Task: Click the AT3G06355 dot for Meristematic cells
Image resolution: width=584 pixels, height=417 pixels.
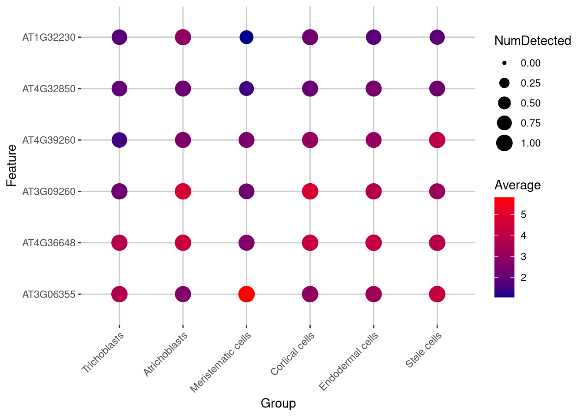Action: [x=246, y=294]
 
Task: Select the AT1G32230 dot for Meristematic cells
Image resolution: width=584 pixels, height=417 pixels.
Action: [x=246, y=37]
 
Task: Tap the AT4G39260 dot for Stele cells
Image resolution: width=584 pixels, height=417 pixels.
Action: [x=437, y=140]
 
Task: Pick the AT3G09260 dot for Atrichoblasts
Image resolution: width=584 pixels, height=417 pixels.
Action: [x=183, y=191]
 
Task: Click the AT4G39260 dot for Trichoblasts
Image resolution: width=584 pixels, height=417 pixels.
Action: [x=119, y=140]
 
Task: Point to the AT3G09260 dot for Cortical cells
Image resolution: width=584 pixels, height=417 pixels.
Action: [x=310, y=191]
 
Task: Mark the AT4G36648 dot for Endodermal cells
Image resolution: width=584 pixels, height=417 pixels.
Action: [x=373, y=243]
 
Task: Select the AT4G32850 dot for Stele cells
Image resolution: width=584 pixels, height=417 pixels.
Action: [x=437, y=89]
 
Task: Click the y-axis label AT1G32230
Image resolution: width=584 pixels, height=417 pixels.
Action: [x=49, y=37]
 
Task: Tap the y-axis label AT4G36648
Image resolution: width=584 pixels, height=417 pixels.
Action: [x=49, y=243]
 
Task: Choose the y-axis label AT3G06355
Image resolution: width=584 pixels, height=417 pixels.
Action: [x=49, y=294]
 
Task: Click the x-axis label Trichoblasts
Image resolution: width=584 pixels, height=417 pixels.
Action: [x=103, y=352]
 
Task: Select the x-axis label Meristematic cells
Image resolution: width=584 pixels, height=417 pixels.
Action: [x=221, y=362]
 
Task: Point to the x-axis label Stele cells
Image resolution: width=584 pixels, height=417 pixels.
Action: [x=424, y=350]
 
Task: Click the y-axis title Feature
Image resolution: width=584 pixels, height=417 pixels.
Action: [x=12, y=165]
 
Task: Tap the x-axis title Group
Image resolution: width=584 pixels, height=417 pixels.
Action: [x=278, y=403]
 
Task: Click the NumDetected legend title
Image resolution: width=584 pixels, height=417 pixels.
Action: [x=532, y=41]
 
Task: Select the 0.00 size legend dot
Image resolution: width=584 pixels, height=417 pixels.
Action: [x=504, y=63]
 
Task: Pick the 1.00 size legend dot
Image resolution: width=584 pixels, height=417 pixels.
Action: [x=504, y=143]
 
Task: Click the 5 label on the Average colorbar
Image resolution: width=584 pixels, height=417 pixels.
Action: [x=523, y=214]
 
